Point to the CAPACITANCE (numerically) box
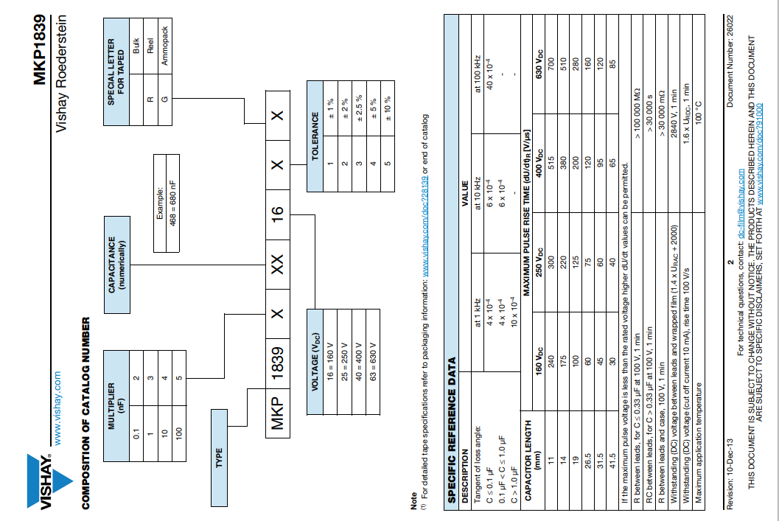(x=117, y=255)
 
